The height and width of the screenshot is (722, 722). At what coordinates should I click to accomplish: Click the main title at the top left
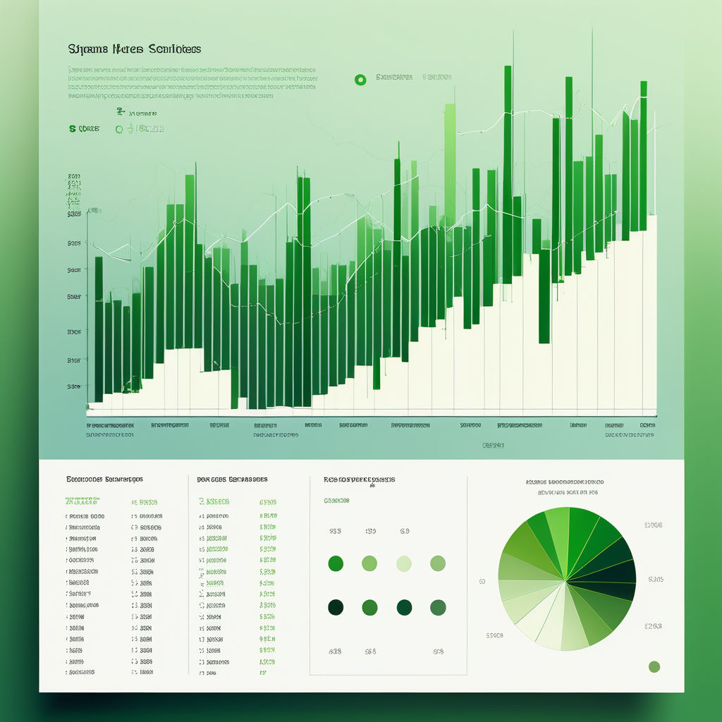[135, 49]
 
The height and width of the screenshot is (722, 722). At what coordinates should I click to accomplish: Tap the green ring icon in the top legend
[360, 80]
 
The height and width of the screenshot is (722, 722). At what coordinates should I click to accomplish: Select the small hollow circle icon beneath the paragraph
[119, 129]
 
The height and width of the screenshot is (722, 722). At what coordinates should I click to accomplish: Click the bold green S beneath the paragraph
[73, 129]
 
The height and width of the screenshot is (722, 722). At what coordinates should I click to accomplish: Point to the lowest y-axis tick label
[74, 386]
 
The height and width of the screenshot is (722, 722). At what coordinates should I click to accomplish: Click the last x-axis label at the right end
[647, 426]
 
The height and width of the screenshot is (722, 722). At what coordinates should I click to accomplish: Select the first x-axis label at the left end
[110, 426]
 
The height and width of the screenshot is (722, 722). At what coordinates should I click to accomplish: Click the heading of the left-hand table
[104, 479]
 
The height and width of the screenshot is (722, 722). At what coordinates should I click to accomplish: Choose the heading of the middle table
[232, 479]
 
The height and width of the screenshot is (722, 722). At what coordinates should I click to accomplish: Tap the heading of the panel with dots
[360, 479]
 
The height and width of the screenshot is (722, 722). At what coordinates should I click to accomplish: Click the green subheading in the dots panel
[337, 501]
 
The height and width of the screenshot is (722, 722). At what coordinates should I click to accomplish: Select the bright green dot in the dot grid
[336, 563]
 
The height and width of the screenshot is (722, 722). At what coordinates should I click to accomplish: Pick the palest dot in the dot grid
[403, 563]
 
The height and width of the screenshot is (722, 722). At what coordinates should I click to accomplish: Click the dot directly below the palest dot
[403, 607]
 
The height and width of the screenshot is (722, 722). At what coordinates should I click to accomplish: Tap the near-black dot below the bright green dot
[336, 607]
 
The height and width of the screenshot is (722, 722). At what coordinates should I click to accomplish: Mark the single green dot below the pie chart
[654, 666]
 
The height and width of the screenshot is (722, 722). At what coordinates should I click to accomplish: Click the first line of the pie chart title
[564, 482]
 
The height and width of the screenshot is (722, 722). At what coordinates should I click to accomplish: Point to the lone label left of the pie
[482, 582]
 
